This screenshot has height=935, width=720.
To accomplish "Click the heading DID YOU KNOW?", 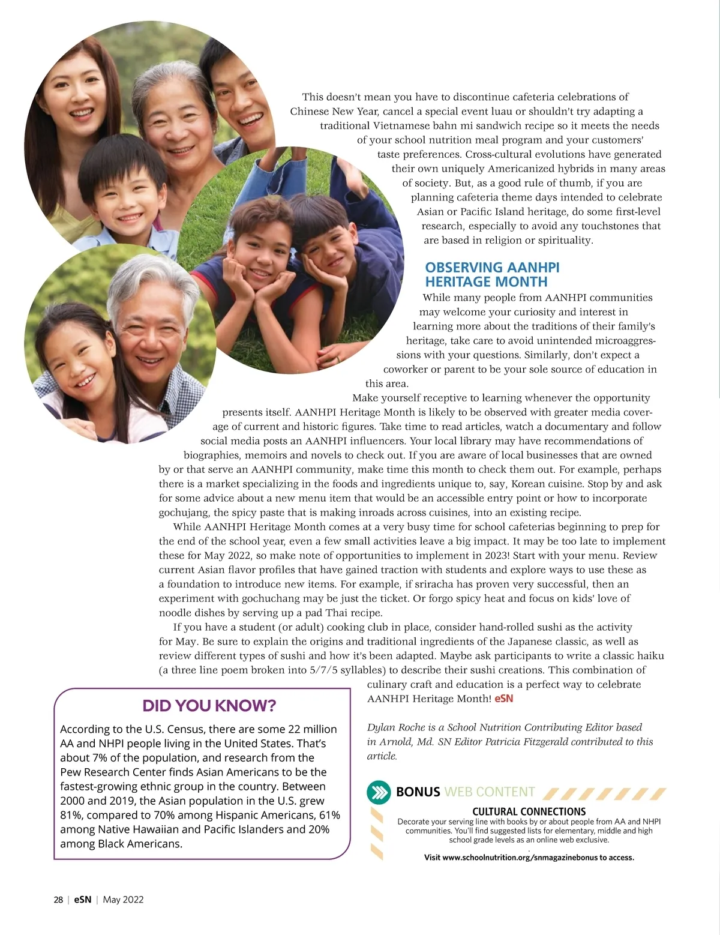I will (x=209, y=705).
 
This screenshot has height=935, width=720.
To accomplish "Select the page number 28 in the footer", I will (x=58, y=900).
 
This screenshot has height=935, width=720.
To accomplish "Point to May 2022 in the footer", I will (x=123, y=900).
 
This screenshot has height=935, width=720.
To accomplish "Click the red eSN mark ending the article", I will (x=504, y=699).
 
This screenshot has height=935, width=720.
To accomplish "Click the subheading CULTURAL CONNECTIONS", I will (x=529, y=812).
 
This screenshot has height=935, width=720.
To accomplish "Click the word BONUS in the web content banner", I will (x=418, y=792).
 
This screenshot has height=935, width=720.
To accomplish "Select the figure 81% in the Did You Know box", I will (x=72, y=815).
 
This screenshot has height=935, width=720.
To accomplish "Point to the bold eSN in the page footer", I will (x=83, y=900).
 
